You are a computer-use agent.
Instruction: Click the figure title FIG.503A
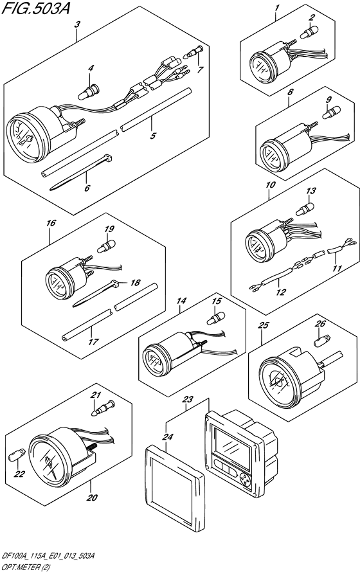[x=36, y=8]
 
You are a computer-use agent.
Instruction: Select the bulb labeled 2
[x=309, y=33]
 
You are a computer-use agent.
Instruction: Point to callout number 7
[x=200, y=69]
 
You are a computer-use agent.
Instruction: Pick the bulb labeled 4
[x=88, y=92]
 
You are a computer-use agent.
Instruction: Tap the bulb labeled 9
[x=331, y=112]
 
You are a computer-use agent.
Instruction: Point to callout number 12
[x=281, y=292]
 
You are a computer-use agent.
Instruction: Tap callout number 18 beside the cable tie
[x=135, y=282]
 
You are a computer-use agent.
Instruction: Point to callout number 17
[x=94, y=341]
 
